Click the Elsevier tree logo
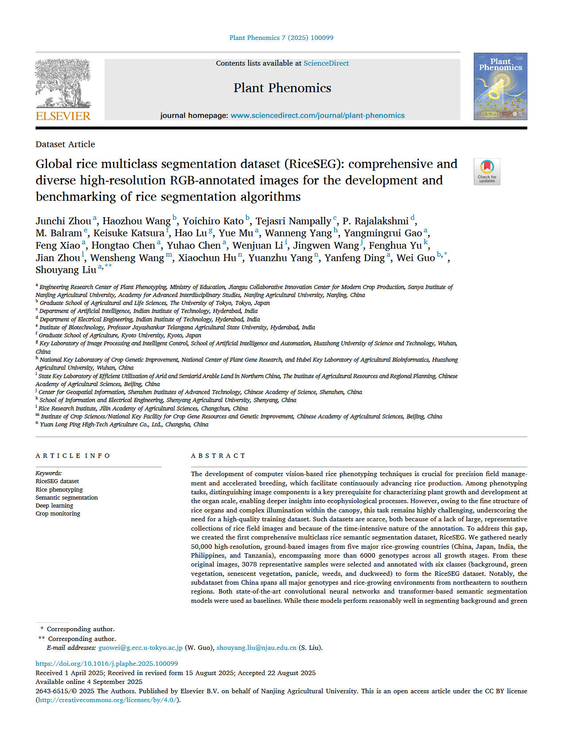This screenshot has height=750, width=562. (62, 83)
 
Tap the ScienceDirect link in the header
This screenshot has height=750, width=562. (326, 63)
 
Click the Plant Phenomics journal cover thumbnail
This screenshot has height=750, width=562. (500, 86)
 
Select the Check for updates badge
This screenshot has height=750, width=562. (487, 172)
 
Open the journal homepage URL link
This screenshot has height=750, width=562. (317, 116)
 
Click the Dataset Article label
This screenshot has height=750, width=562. (65, 145)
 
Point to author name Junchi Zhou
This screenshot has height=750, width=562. (63, 221)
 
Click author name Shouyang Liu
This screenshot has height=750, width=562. (66, 270)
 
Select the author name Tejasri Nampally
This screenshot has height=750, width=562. (293, 221)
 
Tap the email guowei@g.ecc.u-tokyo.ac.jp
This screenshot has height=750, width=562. (140, 648)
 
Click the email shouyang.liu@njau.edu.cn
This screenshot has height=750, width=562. (256, 648)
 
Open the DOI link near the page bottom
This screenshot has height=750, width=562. (107, 664)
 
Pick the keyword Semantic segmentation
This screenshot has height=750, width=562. (66, 497)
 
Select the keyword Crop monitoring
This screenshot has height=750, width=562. (58, 513)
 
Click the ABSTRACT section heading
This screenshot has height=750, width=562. (218, 456)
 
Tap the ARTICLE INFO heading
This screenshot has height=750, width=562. (73, 456)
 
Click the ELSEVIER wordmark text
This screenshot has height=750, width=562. (63, 116)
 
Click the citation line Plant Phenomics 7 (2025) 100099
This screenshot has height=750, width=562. (281, 38)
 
